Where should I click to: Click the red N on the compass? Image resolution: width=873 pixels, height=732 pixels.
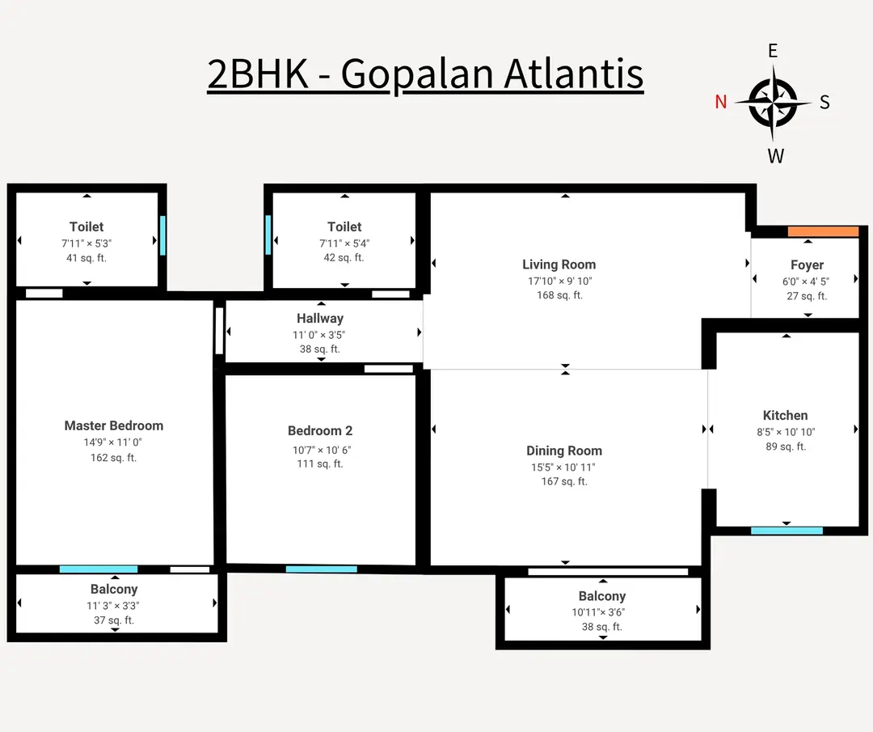pos(721,102)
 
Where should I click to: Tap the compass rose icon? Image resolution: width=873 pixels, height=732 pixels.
pos(774,103)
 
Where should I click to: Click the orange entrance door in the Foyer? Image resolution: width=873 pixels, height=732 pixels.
pos(823,231)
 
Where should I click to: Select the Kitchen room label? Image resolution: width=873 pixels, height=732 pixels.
pos(785,415)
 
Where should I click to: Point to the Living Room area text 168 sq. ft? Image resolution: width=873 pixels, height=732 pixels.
pos(559,295)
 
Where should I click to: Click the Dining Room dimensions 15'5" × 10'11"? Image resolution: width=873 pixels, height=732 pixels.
pos(563,467)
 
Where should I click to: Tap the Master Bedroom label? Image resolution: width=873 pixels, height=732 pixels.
pos(114,425)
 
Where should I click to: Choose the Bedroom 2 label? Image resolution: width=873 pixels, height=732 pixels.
pos(320,431)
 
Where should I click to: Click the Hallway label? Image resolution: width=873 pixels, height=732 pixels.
pos(320,319)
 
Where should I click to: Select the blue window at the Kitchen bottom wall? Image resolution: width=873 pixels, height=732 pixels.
pos(787,531)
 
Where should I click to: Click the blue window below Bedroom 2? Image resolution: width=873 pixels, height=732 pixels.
pos(321,569)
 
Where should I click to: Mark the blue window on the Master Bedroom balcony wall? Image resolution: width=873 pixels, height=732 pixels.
pos(99,569)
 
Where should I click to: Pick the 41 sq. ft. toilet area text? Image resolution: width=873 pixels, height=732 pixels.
pos(86,258)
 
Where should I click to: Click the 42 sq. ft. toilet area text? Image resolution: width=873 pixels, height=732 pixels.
pos(344,258)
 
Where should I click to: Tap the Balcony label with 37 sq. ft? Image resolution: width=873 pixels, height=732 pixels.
pos(114,590)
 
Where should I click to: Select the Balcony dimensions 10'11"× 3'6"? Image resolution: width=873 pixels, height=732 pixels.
pos(602,612)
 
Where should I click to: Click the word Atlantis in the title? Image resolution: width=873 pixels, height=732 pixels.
pos(574,74)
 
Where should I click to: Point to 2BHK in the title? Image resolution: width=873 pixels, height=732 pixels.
pos(258,74)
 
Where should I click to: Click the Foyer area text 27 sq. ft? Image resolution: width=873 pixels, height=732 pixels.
pos(807,296)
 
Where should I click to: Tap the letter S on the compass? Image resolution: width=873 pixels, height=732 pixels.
pos(824,102)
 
